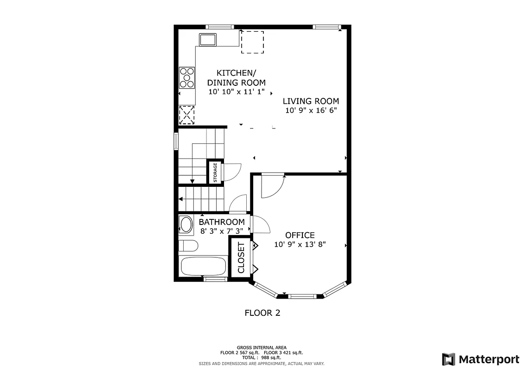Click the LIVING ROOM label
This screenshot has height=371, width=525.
tap(311, 101)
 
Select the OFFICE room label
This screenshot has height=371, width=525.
tap(300, 235)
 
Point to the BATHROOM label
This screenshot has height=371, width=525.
tap(222, 222)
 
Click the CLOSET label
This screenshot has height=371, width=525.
tap(241, 257)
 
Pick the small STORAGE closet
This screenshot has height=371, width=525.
tap(215, 173)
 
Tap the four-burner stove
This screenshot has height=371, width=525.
tap(187, 77)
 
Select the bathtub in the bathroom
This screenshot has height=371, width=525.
tap(203, 267)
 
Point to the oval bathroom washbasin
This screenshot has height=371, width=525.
tap(186, 224)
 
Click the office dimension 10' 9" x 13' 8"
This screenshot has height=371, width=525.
tap(300, 244)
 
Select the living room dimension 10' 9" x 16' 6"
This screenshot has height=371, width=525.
tap(311, 110)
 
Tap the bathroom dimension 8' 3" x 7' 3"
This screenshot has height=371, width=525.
tap(222, 230)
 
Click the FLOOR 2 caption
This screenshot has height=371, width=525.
tap(262, 313)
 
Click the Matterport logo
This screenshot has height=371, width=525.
tap(480, 359)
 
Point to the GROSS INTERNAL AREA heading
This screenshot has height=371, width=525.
tap(262, 347)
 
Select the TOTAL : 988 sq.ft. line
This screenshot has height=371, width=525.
tap(262, 358)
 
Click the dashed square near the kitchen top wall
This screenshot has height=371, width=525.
tap(252, 42)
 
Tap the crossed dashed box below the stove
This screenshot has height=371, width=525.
tap(187, 115)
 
